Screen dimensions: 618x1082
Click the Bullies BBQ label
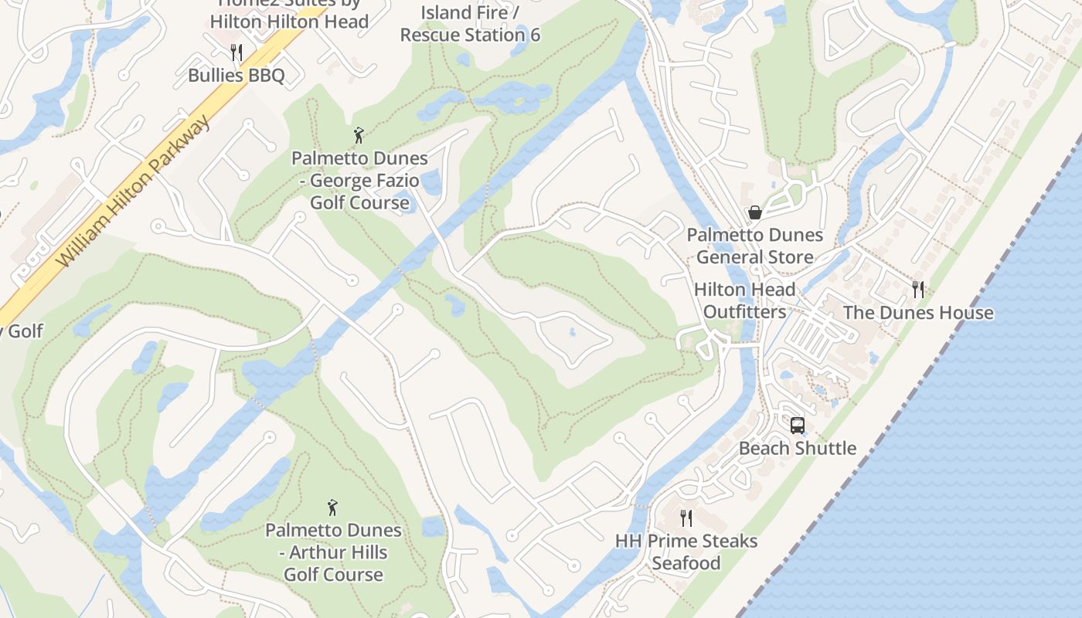236,76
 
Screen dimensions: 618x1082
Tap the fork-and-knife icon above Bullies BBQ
236,53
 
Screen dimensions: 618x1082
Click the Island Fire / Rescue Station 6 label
470,24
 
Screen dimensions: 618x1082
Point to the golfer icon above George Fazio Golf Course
359,136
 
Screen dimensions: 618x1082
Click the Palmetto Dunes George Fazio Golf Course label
359,181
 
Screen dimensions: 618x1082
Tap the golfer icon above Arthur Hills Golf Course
333,508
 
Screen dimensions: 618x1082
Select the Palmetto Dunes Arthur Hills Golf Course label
333,552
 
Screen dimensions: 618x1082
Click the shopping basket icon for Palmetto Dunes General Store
755,212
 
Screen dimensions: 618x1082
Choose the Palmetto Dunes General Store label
755,246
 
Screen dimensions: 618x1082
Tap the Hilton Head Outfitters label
744,301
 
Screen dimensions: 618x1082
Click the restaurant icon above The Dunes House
918,290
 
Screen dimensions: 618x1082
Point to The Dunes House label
918,313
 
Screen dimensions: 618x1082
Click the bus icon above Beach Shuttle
798,426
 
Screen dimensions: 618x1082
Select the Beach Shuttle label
798,448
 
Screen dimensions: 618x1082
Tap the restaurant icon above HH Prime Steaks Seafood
686,518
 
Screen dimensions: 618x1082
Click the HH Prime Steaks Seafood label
686,552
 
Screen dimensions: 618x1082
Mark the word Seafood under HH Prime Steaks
686,563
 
